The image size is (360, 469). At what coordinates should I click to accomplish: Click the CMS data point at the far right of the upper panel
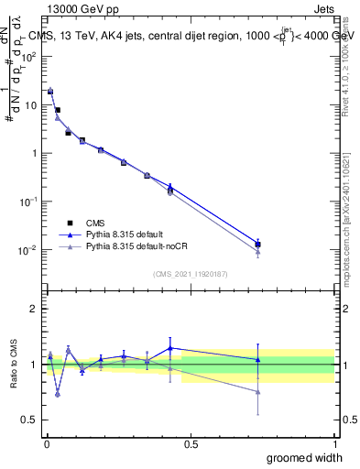pos(258,245)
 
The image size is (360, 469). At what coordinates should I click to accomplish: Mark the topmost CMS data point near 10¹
pos(50,92)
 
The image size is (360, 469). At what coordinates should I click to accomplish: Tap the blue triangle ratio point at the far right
pos(258,359)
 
